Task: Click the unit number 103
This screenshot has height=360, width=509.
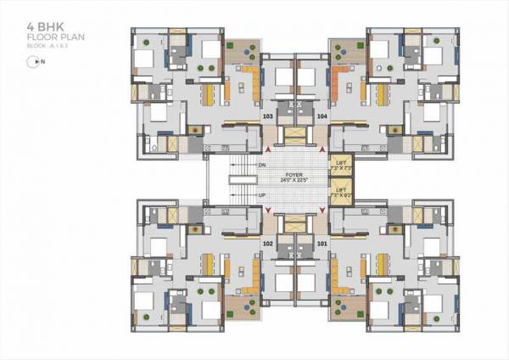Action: pyautogui.click(x=268, y=115)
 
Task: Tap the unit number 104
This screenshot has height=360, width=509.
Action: pyautogui.click(x=322, y=115)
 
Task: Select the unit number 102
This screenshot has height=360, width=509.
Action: pyautogui.click(x=268, y=244)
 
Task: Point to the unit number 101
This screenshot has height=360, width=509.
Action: pyautogui.click(x=322, y=244)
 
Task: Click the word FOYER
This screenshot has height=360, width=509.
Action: pyautogui.click(x=293, y=173)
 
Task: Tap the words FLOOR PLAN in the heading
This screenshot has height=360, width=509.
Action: pyautogui.click(x=49, y=39)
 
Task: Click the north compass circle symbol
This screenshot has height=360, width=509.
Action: pyautogui.click(x=33, y=61)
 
